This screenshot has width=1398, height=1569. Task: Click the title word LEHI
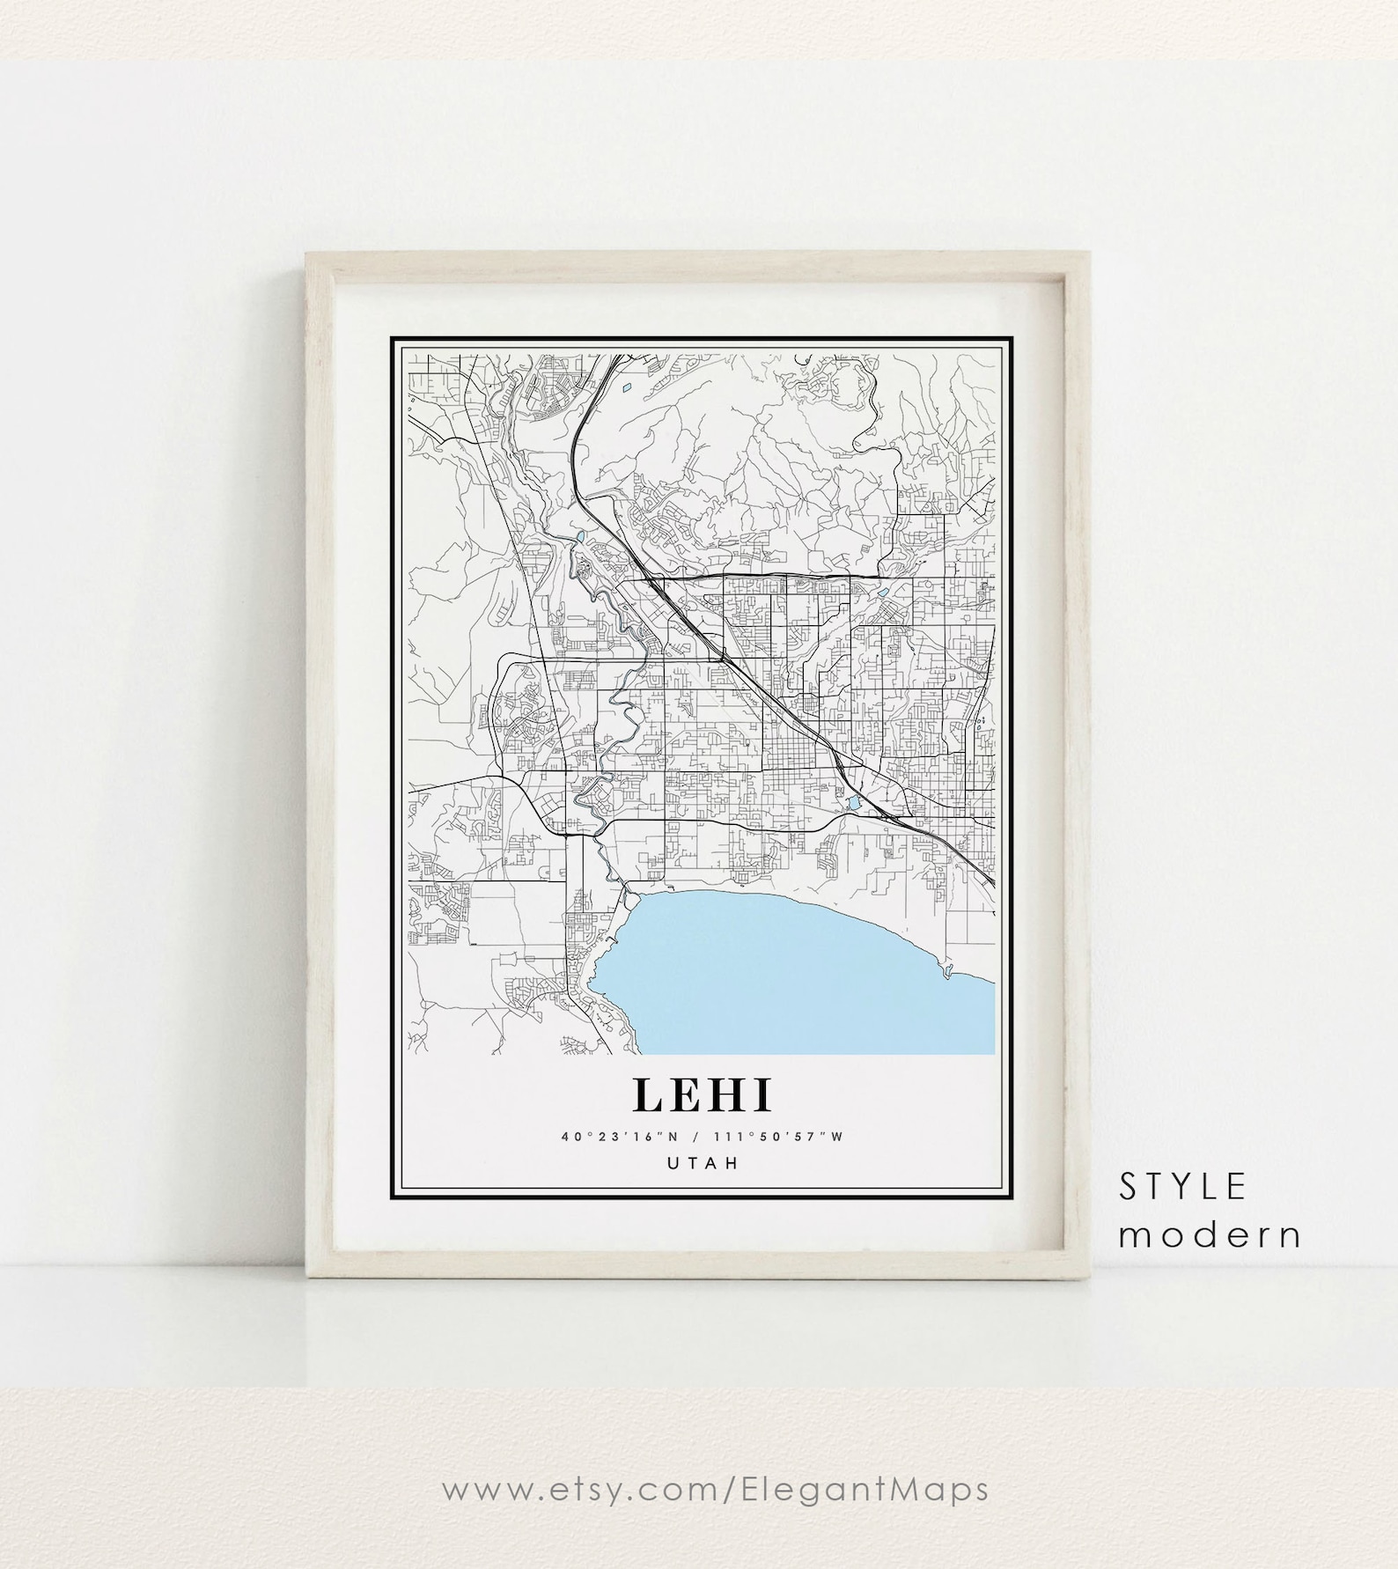[702, 1095]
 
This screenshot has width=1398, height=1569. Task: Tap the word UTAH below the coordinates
[702, 1163]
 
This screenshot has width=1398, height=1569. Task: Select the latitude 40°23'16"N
[619, 1137]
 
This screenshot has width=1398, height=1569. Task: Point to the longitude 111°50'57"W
[780, 1137]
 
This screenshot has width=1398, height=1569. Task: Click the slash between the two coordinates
[702, 1137]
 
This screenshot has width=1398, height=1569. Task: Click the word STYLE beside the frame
[1182, 1188]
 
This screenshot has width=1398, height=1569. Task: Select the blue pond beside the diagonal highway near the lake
[853, 803]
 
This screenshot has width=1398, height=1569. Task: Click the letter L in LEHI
[647, 1095]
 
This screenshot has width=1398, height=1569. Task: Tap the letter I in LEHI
[762, 1095]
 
